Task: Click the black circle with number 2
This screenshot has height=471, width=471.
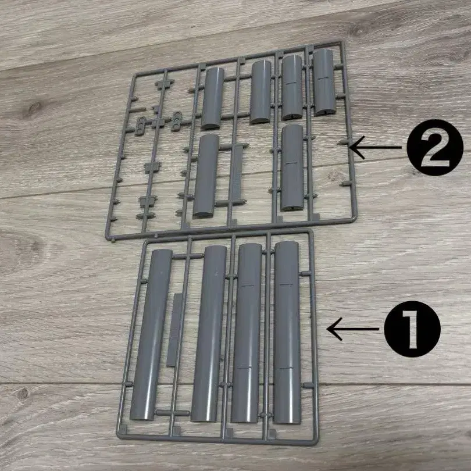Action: (x=435, y=148)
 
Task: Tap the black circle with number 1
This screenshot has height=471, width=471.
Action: (x=412, y=329)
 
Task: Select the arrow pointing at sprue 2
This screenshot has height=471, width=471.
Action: (x=376, y=147)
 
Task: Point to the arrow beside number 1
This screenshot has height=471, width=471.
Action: (x=352, y=329)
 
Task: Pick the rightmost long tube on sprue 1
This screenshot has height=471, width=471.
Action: (x=287, y=332)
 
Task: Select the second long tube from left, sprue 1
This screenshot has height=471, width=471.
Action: (x=209, y=333)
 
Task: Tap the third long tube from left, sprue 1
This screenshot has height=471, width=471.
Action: (x=247, y=333)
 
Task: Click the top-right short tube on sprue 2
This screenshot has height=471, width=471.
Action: (x=324, y=82)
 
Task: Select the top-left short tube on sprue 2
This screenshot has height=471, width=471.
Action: (x=212, y=98)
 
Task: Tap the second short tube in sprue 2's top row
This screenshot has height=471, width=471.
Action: (x=261, y=92)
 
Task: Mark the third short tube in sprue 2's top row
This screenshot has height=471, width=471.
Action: (x=292, y=87)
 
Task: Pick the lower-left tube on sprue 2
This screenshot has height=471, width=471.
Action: (x=206, y=176)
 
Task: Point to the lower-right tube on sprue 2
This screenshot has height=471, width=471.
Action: (x=292, y=167)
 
